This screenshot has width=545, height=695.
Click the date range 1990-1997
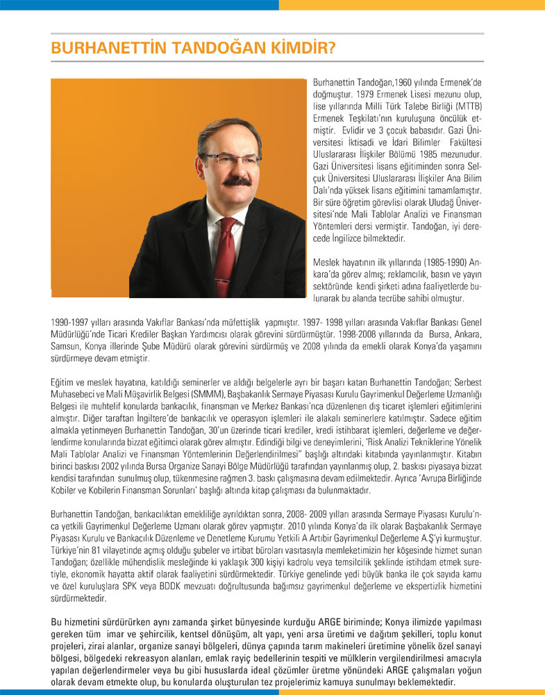pyautogui.click(x=74, y=322)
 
